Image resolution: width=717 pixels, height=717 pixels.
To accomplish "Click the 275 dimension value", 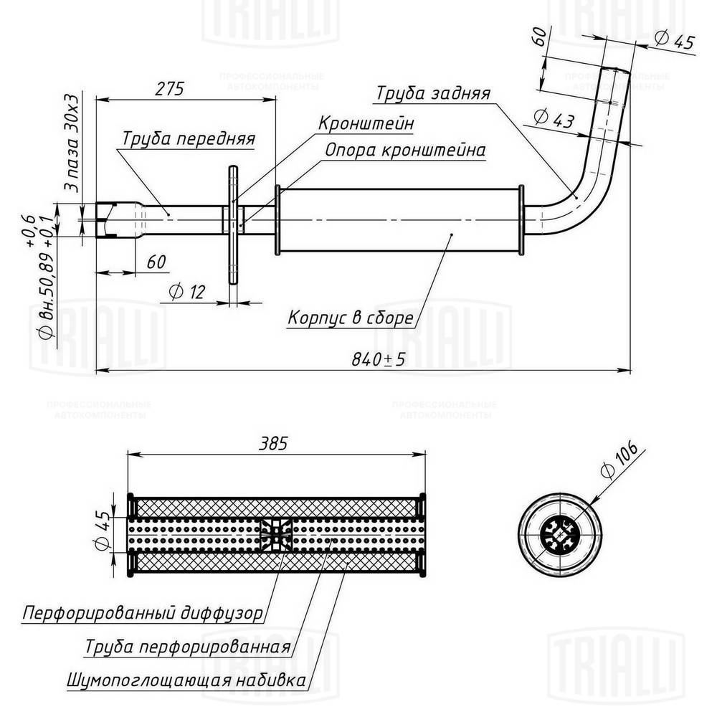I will pos(171,89).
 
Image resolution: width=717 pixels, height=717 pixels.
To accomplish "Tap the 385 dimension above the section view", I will pos(273,443).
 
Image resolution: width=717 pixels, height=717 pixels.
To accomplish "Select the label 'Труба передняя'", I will pos(188,138).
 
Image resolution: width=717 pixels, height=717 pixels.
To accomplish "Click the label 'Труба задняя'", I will pos(433,94).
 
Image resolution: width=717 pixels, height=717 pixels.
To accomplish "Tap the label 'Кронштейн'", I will pos(366,123).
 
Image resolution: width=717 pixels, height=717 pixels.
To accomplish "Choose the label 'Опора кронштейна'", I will pos(405,151).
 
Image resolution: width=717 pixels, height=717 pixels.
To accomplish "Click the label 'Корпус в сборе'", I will pos(350,317).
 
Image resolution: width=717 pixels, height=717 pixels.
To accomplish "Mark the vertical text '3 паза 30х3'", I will pos(71,143).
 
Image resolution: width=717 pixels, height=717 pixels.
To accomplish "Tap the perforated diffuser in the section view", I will pos(275,534).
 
